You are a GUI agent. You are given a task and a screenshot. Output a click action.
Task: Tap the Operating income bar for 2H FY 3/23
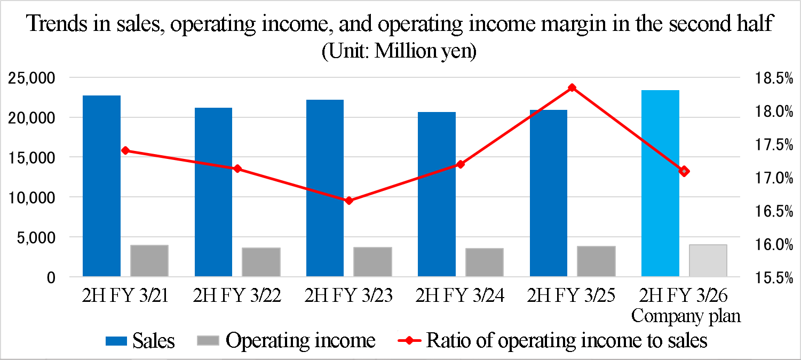click(x=372, y=262)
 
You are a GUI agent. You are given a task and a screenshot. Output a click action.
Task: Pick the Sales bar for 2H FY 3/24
click(x=437, y=194)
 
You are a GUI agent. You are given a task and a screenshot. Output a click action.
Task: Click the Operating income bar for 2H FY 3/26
click(x=708, y=261)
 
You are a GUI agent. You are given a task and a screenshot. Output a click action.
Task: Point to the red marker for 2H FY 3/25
click(x=572, y=87)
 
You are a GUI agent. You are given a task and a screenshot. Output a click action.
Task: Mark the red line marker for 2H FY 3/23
click(x=349, y=201)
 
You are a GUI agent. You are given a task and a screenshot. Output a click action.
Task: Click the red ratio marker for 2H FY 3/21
click(x=125, y=150)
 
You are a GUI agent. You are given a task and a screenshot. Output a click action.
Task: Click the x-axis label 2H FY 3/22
click(x=237, y=295)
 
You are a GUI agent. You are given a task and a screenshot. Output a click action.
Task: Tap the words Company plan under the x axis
click(x=686, y=316)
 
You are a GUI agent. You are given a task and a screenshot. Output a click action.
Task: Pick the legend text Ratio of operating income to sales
click(x=566, y=340)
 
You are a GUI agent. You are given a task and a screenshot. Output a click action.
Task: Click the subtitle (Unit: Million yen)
click(x=399, y=52)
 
